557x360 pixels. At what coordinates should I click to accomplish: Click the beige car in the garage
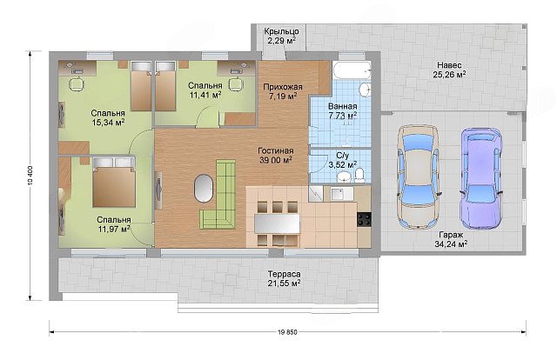coord(418,177)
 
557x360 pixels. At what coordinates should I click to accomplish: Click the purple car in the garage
coord(481,178)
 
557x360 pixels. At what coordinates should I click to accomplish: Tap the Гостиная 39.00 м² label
coord(276,156)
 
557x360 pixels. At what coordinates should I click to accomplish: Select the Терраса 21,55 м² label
coord(285,279)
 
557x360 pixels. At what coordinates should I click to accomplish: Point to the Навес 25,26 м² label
coord(449,70)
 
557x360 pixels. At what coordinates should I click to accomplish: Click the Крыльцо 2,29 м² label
coord(281,36)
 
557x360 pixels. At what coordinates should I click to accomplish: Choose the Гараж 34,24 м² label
coord(451,239)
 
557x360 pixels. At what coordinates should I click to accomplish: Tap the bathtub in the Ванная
coord(352,70)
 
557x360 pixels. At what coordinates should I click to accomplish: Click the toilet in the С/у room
coord(359,176)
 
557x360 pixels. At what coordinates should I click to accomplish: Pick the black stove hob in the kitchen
coord(364,219)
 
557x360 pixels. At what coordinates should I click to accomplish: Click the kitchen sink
coord(341,194)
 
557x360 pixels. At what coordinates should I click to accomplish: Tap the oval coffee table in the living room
coord(204,188)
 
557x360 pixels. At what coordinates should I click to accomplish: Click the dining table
coord(277,223)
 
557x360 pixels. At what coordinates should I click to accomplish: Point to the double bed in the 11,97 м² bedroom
coord(114,182)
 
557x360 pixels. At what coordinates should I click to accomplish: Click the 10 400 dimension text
coord(30,176)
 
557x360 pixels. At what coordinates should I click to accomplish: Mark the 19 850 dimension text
coord(287,332)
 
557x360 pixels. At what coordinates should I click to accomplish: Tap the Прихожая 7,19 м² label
coord(283,91)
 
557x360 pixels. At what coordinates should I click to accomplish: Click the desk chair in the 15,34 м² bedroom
coord(77,84)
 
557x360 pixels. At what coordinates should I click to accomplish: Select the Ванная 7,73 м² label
coord(342,110)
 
